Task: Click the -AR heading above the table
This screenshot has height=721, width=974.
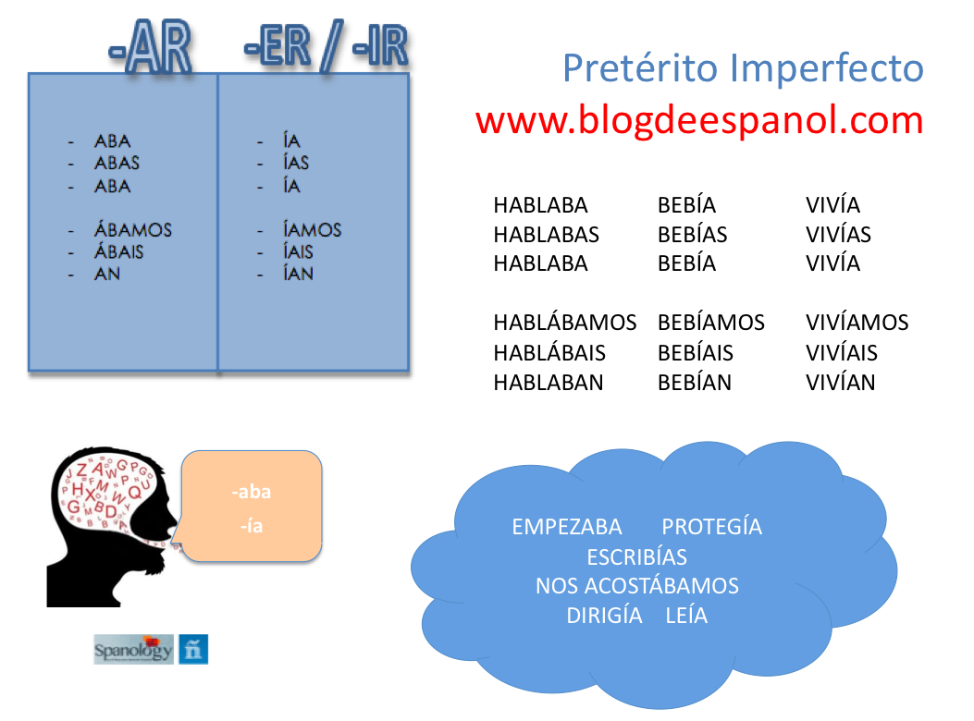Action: [151, 48]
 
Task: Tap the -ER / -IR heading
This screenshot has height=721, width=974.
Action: [327, 46]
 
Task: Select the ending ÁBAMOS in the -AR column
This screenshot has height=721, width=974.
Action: [133, 229]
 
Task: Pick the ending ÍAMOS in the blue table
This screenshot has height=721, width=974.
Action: [312, 229]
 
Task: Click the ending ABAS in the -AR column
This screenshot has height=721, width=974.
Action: [117, 163]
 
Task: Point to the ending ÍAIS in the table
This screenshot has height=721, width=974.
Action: [298, 251]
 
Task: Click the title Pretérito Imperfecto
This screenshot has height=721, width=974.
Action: [743, 67]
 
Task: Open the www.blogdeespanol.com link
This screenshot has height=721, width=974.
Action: [699, 119]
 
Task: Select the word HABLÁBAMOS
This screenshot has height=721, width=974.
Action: [564, 323]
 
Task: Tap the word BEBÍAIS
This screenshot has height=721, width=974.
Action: [695, 352]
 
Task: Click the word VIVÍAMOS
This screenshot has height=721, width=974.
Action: [857, 323]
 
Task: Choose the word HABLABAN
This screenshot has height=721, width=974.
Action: [548, 383]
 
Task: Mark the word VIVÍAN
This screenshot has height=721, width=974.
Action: [840, 382]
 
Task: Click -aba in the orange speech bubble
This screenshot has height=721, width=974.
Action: [252, 492]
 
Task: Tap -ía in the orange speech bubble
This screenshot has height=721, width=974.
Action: [252, 526]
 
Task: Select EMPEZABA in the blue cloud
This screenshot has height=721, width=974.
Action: [566, 527]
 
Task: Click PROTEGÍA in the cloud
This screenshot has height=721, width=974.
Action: [711, 526]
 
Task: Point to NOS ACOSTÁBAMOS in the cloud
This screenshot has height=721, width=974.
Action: [637, 585]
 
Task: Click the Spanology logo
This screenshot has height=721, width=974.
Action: [133, 650]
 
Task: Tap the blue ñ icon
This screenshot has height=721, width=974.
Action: [193, 650]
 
